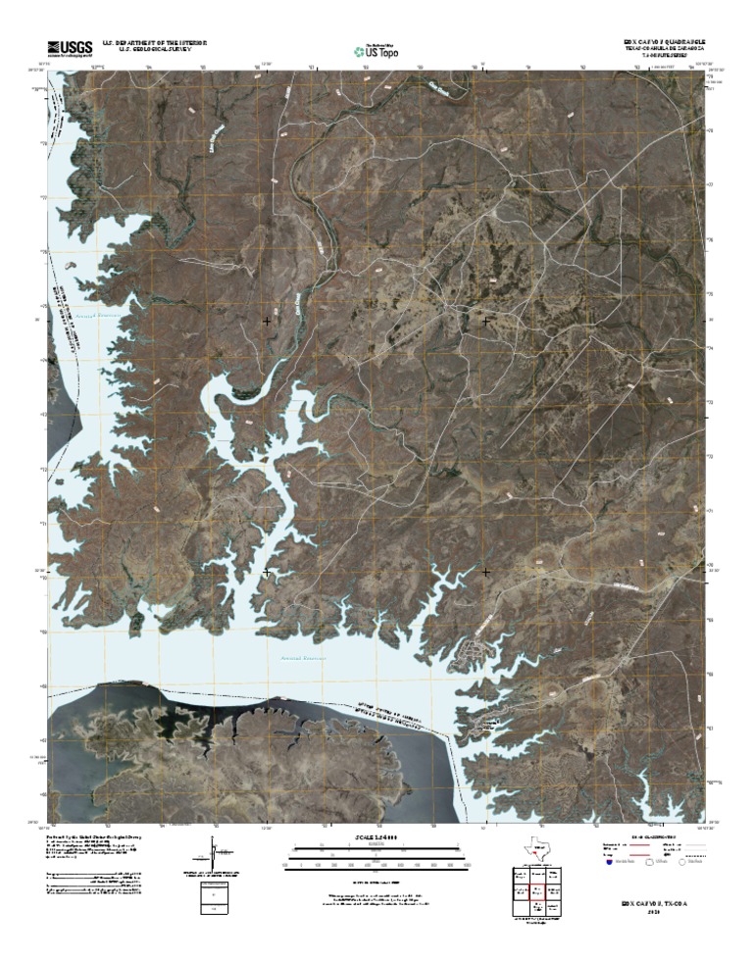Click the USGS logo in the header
pyautogui.click(x=68, y=48)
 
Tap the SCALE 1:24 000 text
pyautogui.click(x=376, y=838)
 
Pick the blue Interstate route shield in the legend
pyautogui.click(x=609, y=866)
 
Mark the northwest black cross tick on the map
pyautogui.click(x=267, y=321)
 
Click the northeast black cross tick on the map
pyautogui.click(x=486, y=321)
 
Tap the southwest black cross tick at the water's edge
pyautogui.click(x=267, y=571)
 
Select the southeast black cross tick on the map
pyautogui.click(x=486, y=571)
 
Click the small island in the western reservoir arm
pyautogui.click(x=67, y=264)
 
